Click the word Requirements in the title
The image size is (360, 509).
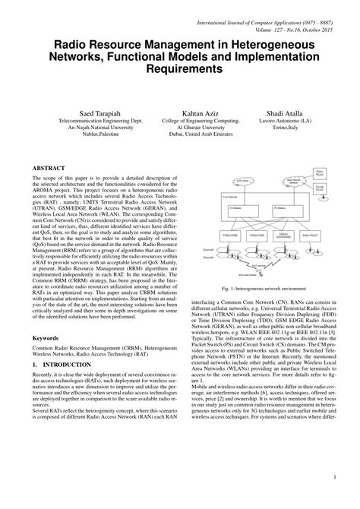coord(180,69)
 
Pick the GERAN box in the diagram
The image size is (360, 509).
coord(283,238)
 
